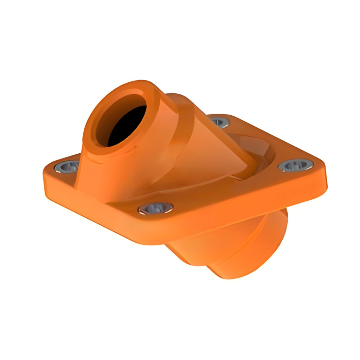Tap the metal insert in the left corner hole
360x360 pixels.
[x=67, y=167]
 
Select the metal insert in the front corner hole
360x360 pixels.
[x=155, y=208]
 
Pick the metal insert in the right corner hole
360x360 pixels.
[x=295, y=165]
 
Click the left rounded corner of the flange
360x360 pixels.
[x=47, y=172]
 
